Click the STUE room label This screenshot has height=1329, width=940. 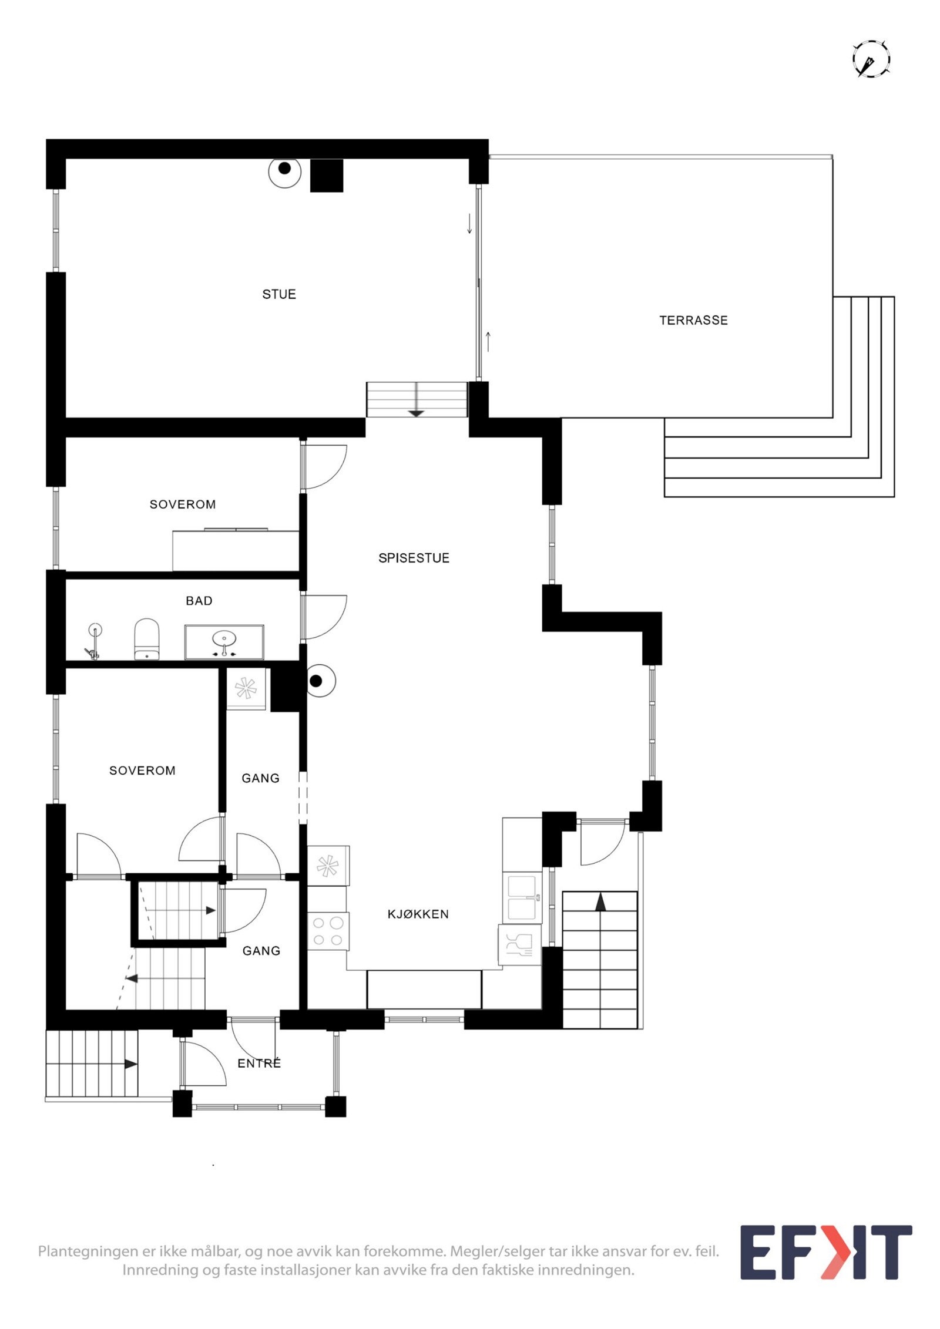pos(278,294)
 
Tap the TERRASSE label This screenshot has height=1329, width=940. pos(693,321)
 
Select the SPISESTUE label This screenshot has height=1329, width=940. pos(414,558)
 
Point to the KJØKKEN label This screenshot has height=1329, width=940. pos(418,914)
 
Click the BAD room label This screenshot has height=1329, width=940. pos(199,601)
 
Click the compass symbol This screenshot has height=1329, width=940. pos(871,59)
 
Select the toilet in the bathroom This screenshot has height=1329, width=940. pos(147,638)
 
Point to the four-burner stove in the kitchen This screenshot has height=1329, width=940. pos(328,931)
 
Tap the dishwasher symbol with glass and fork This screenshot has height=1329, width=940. pos(519,945)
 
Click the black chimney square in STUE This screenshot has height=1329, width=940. pos(326,175)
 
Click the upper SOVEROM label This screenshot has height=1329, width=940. pos(183,504)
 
